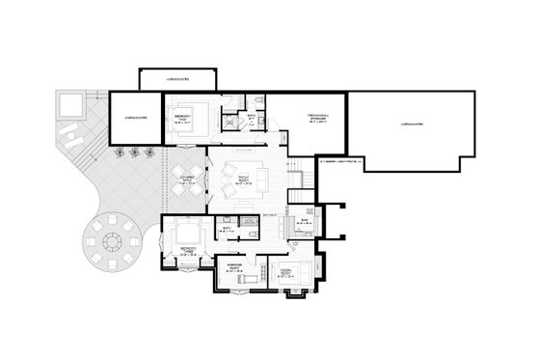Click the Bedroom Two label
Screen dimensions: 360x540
(180, 118)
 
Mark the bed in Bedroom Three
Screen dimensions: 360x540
(185, 232)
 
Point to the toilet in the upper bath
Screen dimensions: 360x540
(259, 102)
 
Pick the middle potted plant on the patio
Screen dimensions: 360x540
(134, 151)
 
